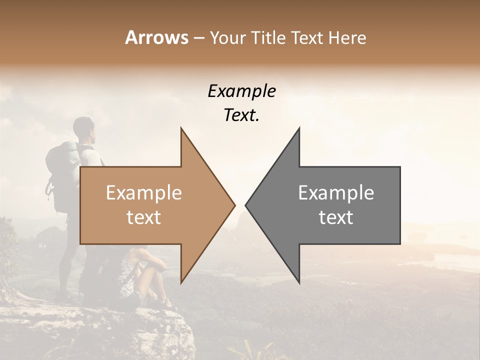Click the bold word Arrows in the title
156,37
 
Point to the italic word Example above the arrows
241,91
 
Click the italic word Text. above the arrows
241,115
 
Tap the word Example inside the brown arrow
143,193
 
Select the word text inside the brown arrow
143,217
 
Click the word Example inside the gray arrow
336,193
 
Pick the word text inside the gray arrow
336,217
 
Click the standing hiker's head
84,127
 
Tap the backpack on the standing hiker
59,172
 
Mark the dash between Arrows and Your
198,38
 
